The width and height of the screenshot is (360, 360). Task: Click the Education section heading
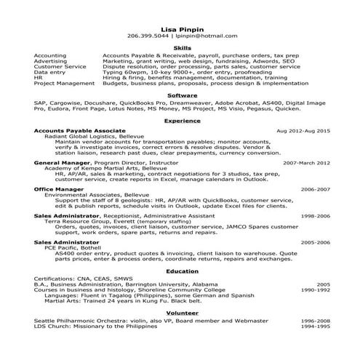(x=183, y=270)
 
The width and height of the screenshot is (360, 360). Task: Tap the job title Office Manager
(x=60, y=188)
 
